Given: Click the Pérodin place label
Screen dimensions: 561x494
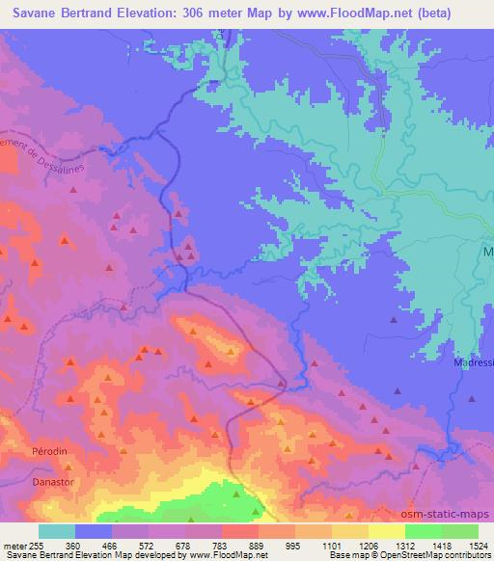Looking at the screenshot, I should [24, 451].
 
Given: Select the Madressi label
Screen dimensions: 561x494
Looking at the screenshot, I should [473, 363].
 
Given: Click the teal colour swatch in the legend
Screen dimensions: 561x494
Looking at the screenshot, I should [57, 530].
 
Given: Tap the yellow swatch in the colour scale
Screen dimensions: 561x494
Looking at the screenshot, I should [386, 530].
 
